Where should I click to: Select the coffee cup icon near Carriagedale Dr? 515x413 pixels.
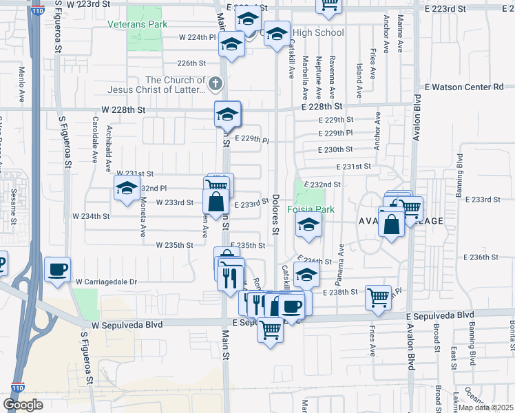pos(57,269)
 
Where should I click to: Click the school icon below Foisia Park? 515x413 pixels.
pos(308,224)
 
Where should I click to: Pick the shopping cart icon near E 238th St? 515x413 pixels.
pos(378,297)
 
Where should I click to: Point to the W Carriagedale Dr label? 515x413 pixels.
pos(107,282)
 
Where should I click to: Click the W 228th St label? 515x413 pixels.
pos(123,109)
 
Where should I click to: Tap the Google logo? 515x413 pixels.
pos(23,404)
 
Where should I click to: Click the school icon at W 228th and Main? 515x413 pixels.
pos(227,114)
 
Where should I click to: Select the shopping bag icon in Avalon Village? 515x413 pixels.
pos(391,224)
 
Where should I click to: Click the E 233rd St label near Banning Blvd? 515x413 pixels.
pos(481,200)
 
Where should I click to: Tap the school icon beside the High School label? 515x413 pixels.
pos(277,34)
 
